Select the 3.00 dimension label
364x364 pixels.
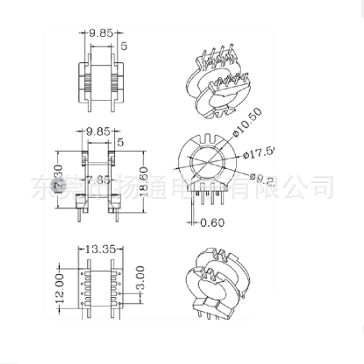coord(140,279)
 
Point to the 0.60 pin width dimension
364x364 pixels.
coord(212,223)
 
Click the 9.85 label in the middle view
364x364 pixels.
coord(98,131)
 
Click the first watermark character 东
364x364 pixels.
coord(42,187)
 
